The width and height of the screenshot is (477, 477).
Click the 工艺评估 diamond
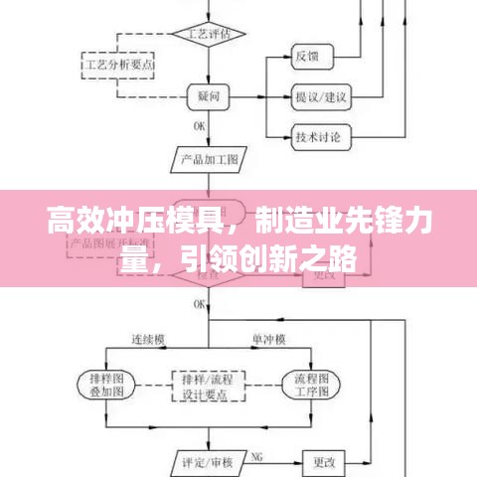208,33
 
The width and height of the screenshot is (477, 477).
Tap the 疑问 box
208,95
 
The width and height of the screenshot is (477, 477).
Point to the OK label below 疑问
199,125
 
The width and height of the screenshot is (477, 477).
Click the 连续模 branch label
148,340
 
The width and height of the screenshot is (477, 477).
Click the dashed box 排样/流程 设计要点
208,385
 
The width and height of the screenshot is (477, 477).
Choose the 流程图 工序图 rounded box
311,385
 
